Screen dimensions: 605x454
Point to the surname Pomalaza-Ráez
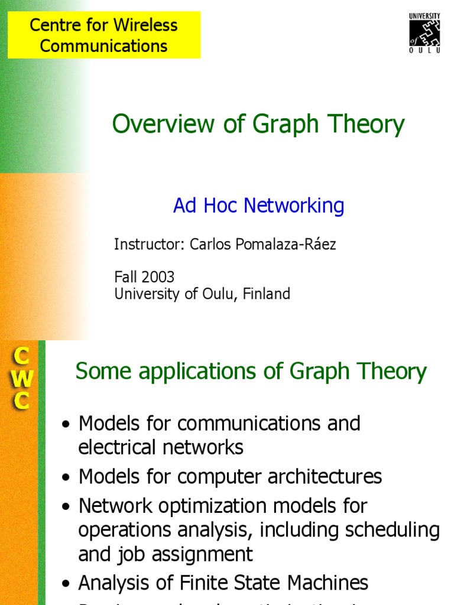click(x=262, y=245)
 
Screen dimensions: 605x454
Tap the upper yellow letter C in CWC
click(x=21, y=356)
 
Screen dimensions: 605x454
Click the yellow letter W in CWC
click(x=21, y=379)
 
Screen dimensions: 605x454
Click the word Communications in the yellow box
click(x=104, y=46)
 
